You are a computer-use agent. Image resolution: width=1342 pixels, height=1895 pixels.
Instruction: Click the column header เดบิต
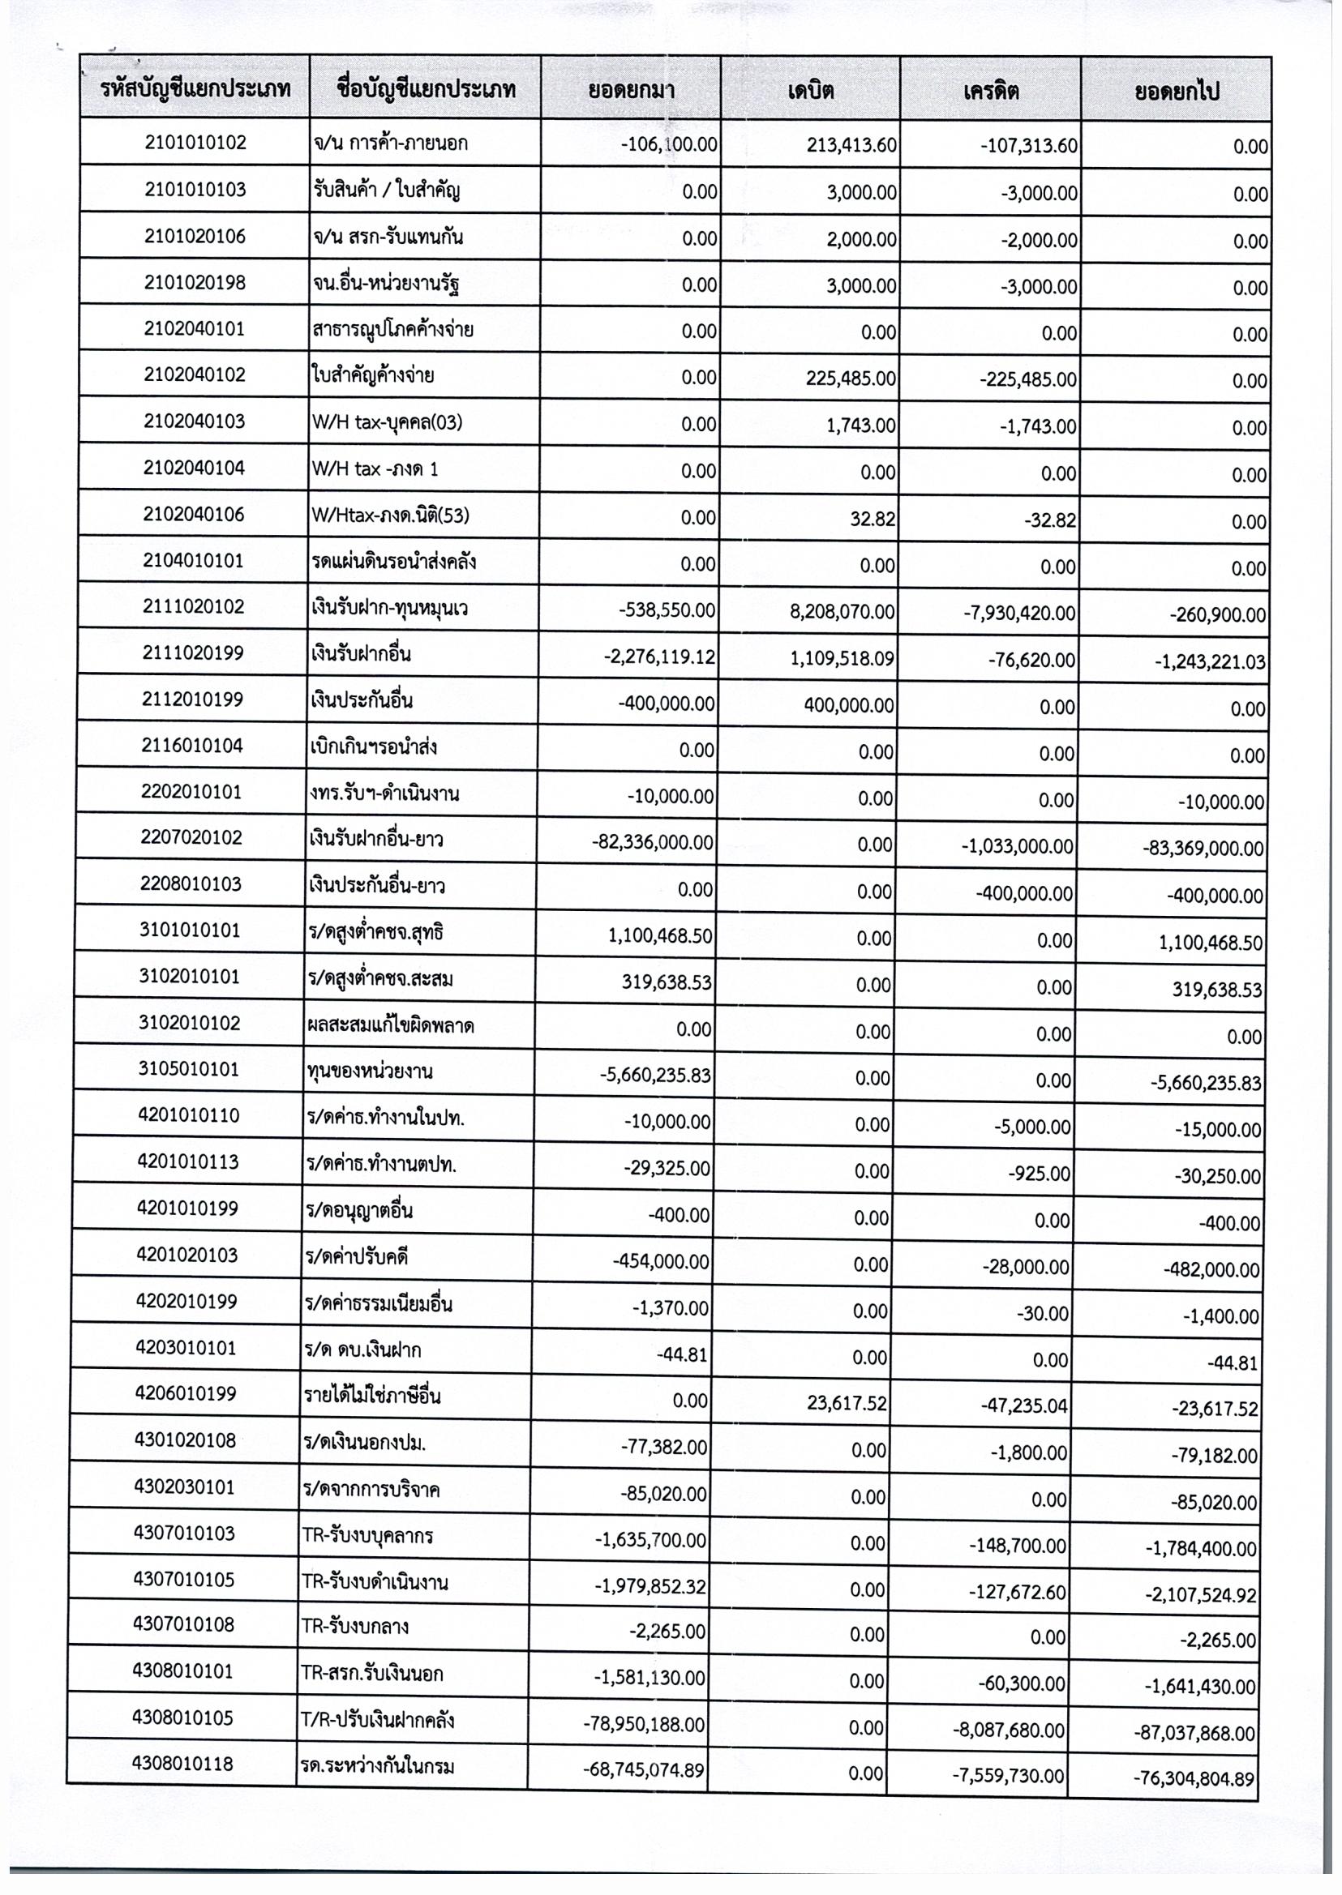810,90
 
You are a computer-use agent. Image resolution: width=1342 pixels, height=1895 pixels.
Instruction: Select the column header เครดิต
990,90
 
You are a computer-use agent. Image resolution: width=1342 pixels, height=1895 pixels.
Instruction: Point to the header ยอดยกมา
631,90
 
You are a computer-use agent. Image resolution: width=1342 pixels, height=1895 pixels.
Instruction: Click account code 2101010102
195,143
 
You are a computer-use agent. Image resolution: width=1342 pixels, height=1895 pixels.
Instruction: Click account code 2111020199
192,653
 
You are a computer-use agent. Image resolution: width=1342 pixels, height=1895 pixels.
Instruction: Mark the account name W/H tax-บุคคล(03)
387,423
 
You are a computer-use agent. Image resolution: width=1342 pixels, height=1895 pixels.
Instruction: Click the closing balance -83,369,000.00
1204,849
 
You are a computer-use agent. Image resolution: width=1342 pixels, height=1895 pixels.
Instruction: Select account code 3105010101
190,1070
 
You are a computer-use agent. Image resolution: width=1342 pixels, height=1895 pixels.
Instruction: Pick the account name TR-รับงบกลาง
355,1628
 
